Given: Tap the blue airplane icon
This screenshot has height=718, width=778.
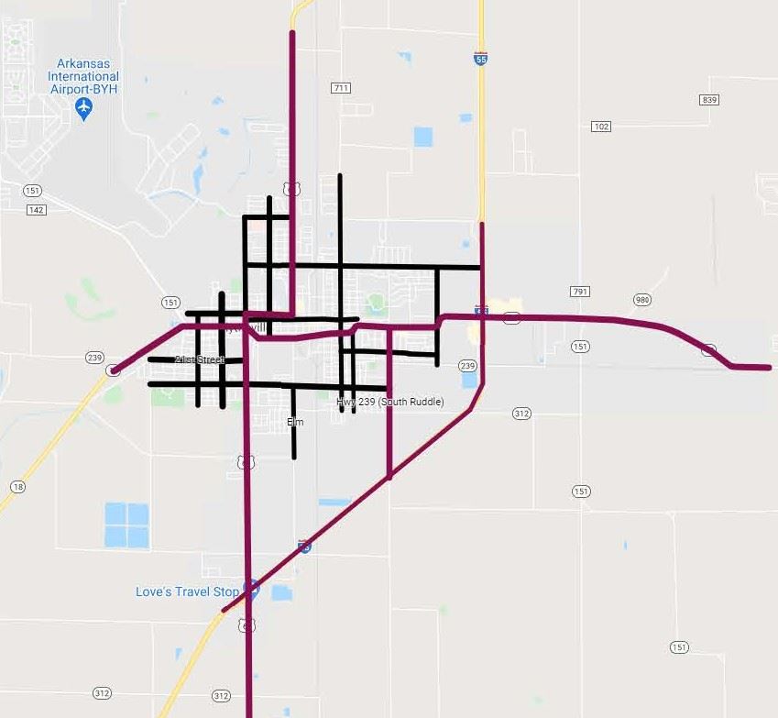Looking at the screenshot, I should tap(84, 109).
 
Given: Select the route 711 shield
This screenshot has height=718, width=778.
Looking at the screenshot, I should tap(342, 88).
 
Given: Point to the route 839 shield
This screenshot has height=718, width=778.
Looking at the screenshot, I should tap(708, 99).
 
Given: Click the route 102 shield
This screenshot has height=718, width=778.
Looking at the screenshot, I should tap(601, 126).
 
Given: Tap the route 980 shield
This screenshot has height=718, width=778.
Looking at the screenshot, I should tap(642, 300).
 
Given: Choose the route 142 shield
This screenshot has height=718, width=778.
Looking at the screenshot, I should tap(36, 209).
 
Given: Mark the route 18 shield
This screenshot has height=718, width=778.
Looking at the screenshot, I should tap(17, 486).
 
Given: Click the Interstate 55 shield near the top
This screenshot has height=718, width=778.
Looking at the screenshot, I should tap(481, 58).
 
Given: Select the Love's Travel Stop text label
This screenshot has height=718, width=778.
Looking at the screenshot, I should tap(187, 591).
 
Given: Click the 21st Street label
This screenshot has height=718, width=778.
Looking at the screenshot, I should tap(199, 359).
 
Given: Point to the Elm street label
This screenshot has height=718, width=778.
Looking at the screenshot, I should tap(294, 422).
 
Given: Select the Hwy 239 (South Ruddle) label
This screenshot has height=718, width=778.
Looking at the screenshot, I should tap(389, 402).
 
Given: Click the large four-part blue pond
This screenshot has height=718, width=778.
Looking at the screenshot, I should tap(126, 525).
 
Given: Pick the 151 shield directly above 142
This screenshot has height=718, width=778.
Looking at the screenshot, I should tap(33, 191).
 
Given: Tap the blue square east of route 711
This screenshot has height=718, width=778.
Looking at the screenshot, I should tap(422, 137).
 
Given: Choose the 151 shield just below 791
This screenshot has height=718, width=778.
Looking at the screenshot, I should tap(580, 346).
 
